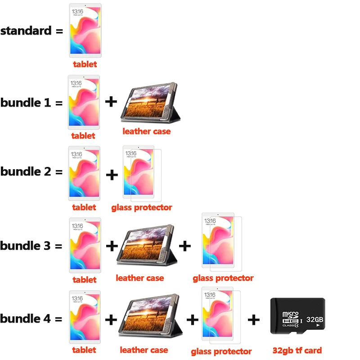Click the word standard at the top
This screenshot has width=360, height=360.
pyautogui.click(x=26, y=31)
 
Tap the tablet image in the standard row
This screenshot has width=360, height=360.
pyautogui.click(x=85, y=30)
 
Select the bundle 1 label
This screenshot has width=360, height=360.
pyautogui.click(x=26, y=103)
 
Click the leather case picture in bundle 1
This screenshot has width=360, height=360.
pyautogui.click(x=150, y=103)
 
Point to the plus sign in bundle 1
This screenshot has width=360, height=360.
pyautogui.click(x=111, y=102)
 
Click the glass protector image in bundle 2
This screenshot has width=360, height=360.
pyautogui.click(x=142, y=174)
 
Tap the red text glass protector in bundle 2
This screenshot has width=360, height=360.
pyautogui.click(x=142, y=207)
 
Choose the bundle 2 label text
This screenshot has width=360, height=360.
pyautogui.click(x=26, y=171)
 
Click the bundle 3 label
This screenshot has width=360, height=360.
pyautogui.click(x=25, y=246)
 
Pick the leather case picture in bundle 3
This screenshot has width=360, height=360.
pyautogui.click(x=147, y=245)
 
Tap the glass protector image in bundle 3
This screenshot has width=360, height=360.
pyautogui.click(x=222, y=242)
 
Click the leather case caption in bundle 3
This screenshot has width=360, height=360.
pyautogui.click(x=140, y=278)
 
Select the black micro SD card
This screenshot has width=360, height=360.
pyautogui.click(x=297, y=316)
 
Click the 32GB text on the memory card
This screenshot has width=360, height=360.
pyautogui.click(x=315, y=319)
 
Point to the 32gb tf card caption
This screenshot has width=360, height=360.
pyautogui.click(x=297, y=351)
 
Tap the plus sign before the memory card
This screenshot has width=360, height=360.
pyautogui.click(x=254, y=319)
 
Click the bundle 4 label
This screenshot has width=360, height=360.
pyautogui.click(x=25, y=319)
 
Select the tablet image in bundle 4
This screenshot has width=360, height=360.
pyautogui.click(x=85, y=317)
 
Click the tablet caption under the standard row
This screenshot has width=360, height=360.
pyautogui.click(x=85, y=64)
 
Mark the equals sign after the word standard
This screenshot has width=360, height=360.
pyautogui.click(x=59, y=31)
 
